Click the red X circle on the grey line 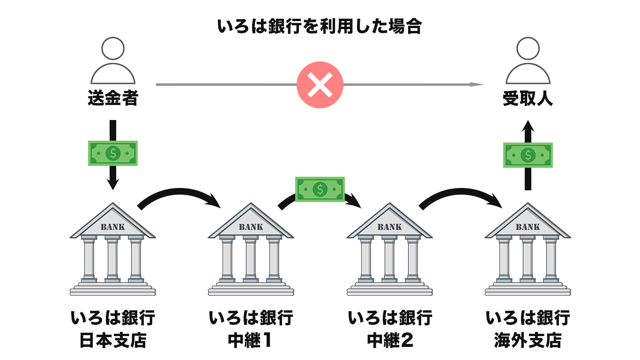pos(320,85)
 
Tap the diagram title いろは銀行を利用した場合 pos(320,26)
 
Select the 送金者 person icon pos(112,60)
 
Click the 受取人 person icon pos(528,60)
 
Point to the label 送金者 pos(112,99)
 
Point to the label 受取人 pos(528,99)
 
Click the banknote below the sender pos(112,153)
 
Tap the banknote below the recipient pos(528,155)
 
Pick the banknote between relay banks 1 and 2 pos(320,189)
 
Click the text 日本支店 pos(112,340)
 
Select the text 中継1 pos(251,340)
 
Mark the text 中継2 pos(389,340)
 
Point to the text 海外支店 pos(528,340)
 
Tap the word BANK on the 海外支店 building pos(528,227)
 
